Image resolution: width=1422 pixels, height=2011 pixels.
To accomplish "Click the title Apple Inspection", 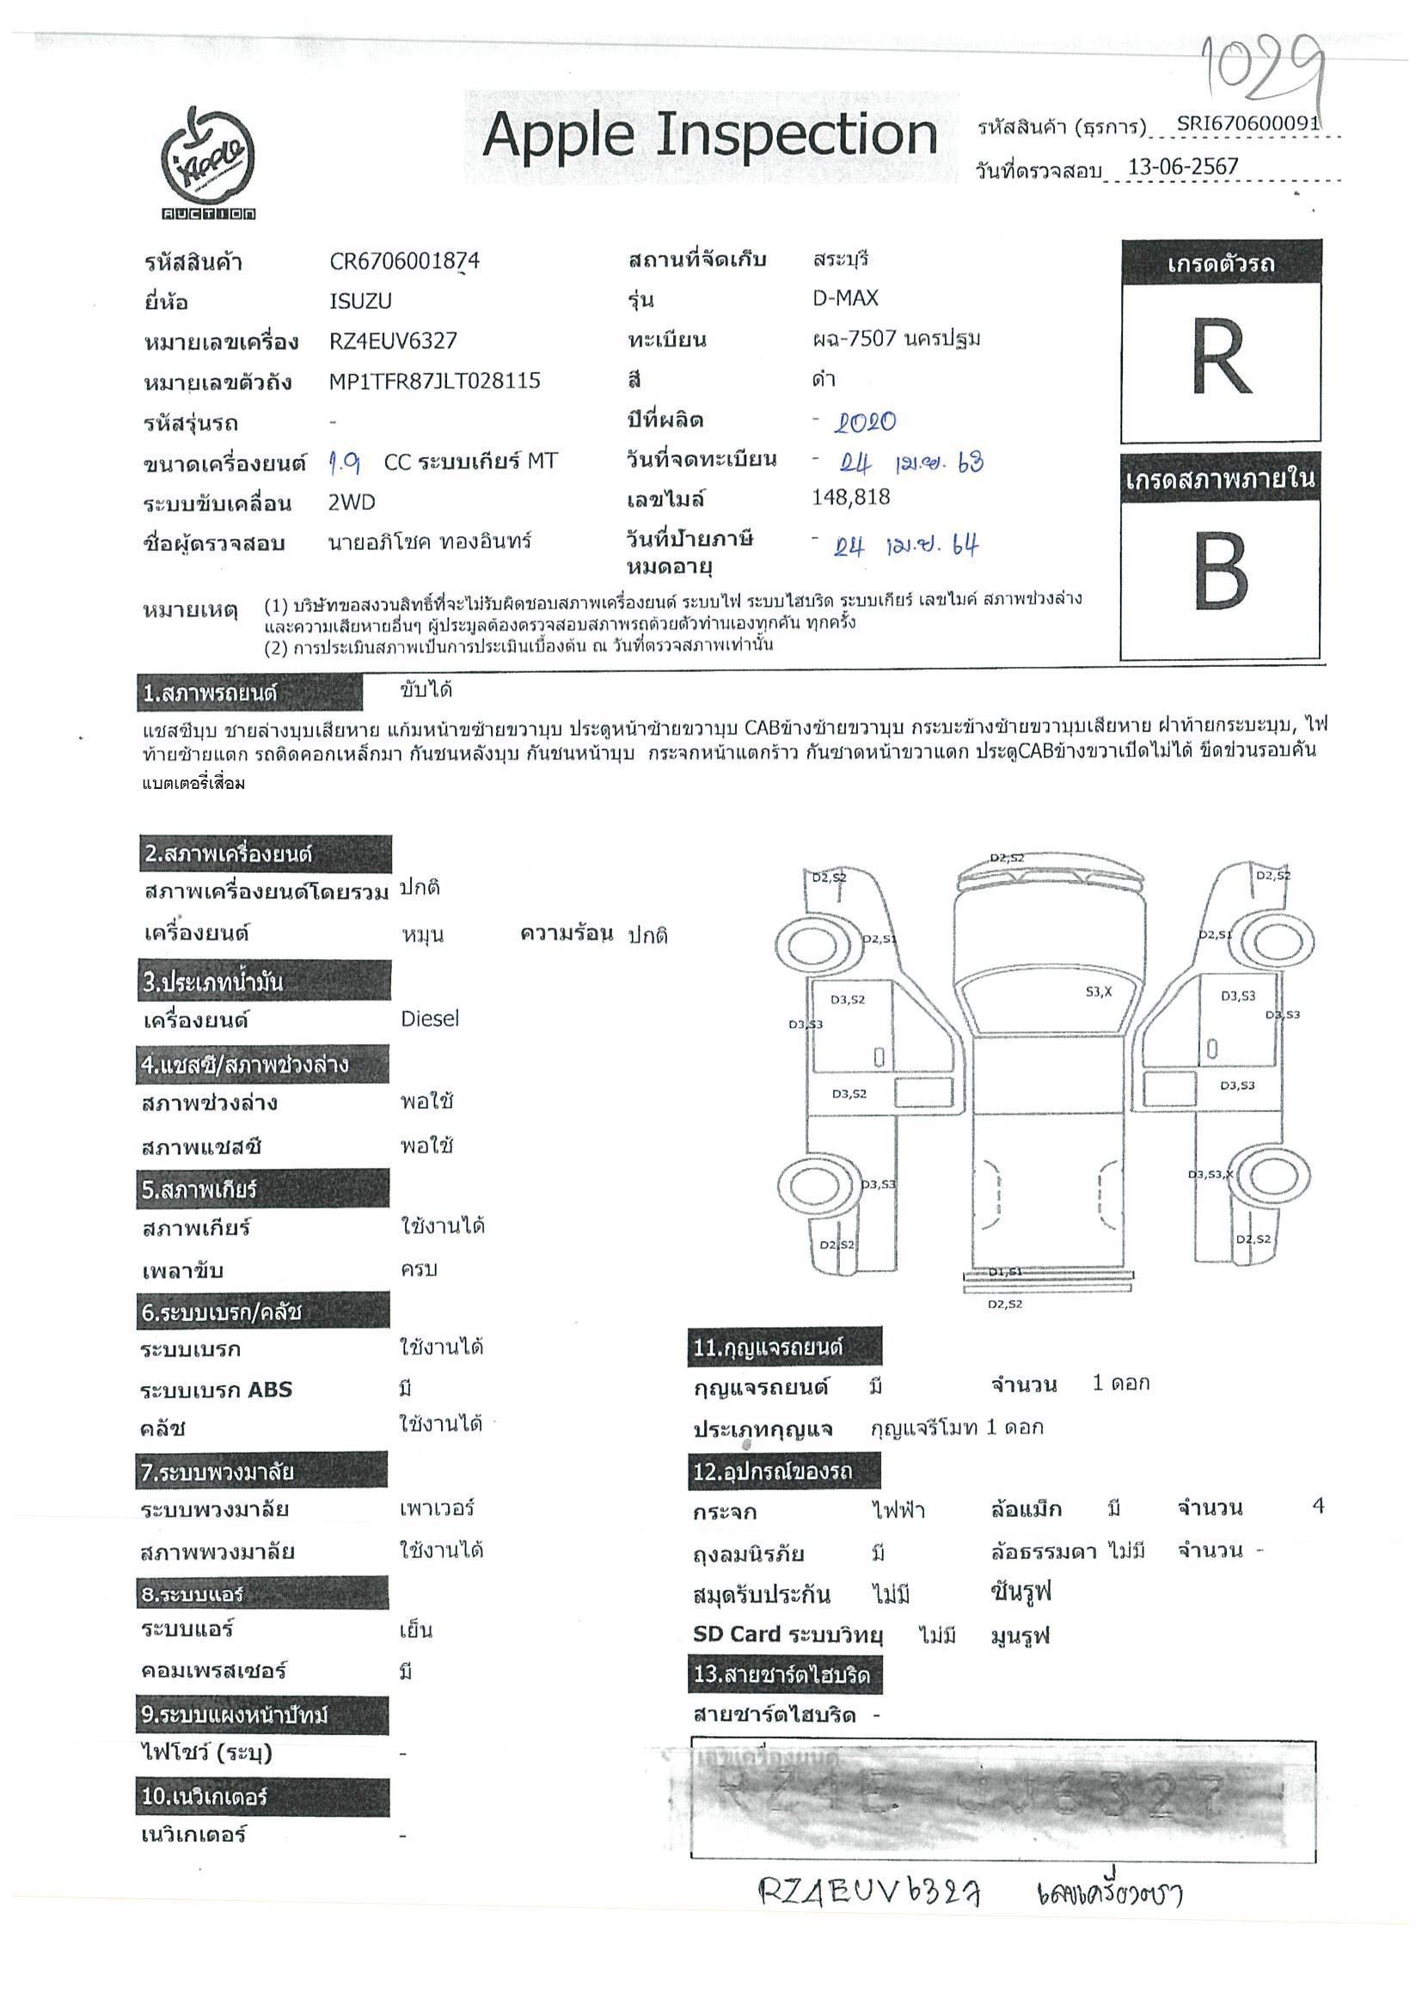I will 709,135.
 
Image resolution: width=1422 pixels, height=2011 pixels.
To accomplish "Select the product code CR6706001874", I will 404,261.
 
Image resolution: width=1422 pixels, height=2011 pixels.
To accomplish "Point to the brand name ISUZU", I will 360,302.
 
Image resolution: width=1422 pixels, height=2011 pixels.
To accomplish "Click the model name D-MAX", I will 844,298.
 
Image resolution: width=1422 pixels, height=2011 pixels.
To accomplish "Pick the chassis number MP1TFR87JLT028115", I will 434,381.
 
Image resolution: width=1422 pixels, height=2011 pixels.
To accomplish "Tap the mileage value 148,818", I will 851,498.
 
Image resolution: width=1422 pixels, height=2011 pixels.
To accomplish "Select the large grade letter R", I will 1221,358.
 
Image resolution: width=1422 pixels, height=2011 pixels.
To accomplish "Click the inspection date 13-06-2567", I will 1182,167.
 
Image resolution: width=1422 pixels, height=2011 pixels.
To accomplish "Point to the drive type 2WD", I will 352,502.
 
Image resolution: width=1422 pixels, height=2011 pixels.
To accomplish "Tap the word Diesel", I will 429,1018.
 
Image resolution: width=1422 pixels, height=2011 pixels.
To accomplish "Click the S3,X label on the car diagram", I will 1098,992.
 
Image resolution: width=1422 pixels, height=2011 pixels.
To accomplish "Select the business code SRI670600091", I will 1247,124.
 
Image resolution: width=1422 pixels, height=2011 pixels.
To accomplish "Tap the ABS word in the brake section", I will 270,1390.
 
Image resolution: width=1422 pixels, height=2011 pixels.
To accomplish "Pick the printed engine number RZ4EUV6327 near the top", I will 393,340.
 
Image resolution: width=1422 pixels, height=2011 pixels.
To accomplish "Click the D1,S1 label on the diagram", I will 1005,1271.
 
